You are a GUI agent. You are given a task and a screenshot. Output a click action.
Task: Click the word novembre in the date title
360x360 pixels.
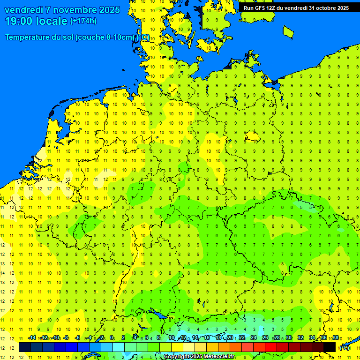72,10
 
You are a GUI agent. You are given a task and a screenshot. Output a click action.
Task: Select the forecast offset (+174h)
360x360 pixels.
83,21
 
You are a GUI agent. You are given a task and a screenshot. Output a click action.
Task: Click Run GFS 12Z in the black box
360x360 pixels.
261,8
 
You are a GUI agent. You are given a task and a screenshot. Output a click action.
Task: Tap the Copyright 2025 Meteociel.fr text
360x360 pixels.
199,357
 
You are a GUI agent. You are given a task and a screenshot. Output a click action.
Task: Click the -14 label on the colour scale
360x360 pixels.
32,338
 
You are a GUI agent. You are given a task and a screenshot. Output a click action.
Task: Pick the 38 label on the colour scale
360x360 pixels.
336,338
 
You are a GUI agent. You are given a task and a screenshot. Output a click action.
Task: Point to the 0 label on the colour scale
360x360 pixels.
112,338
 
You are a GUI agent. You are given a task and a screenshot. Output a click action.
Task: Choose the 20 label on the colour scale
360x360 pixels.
230,338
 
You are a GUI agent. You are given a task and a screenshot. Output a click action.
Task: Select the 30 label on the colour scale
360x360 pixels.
289,338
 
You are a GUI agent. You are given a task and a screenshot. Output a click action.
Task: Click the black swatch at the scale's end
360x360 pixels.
330,347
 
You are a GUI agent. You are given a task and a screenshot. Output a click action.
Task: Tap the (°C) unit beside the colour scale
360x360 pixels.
345,347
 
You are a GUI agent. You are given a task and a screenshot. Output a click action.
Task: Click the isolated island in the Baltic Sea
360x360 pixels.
288,31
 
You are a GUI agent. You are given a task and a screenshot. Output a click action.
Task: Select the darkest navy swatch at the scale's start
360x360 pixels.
25,347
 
